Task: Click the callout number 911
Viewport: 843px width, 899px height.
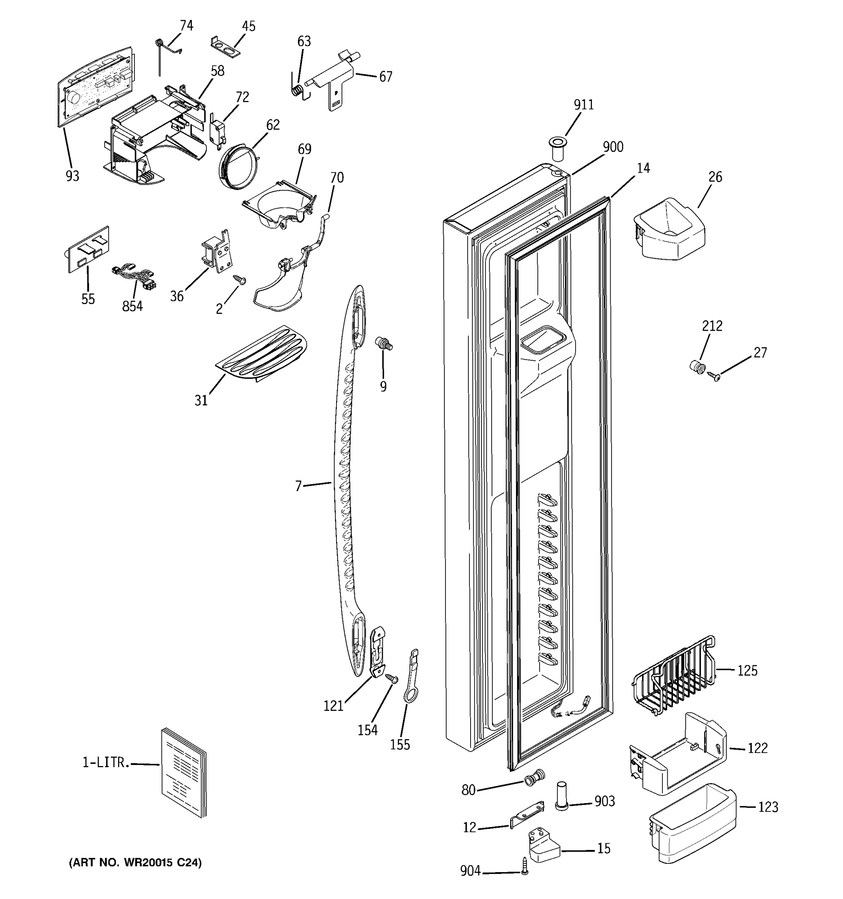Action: (583, 105)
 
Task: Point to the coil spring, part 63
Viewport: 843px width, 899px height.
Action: (297, 90)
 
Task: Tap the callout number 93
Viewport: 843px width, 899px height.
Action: (72, 176)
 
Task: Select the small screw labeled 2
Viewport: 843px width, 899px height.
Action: (240, 280)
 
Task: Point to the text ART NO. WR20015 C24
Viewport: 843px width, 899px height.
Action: (135, 862)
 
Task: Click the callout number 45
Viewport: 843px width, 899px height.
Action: (248, 26)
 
